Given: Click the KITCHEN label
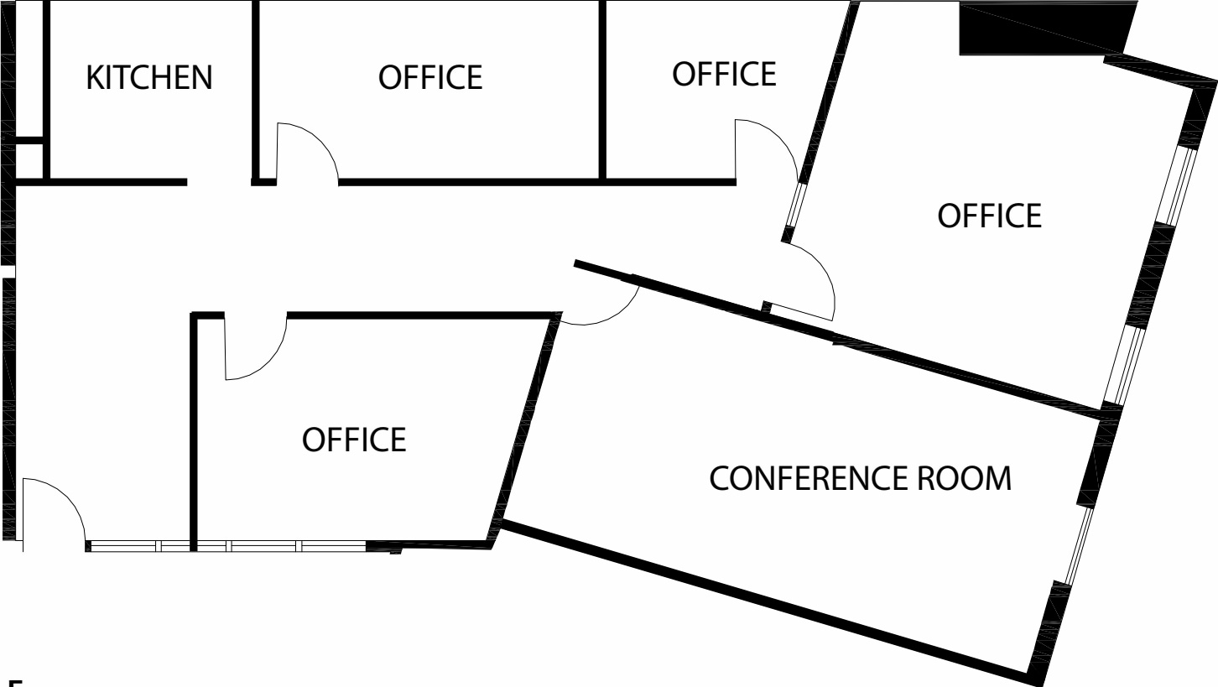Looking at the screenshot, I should click(x=150, y=77).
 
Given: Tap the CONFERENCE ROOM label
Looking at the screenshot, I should click(x=860, y=479).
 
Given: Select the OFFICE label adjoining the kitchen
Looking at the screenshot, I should click(x=430, y=76).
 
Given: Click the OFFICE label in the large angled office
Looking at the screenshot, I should click(x=989, y=215).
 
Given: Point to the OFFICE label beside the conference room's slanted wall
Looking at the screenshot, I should click(x=354, y=439).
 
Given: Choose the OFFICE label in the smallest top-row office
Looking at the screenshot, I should click(x=723, y=73).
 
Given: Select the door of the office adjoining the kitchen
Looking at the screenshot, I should click(x=306, y=151).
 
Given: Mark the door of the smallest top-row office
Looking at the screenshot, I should click(x=765, y=147).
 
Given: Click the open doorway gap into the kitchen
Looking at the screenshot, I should click(x=219, y=181).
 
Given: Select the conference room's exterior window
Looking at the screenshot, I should click(x=1079, y=545).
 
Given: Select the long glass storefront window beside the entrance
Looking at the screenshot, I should click(x=226, y=546).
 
